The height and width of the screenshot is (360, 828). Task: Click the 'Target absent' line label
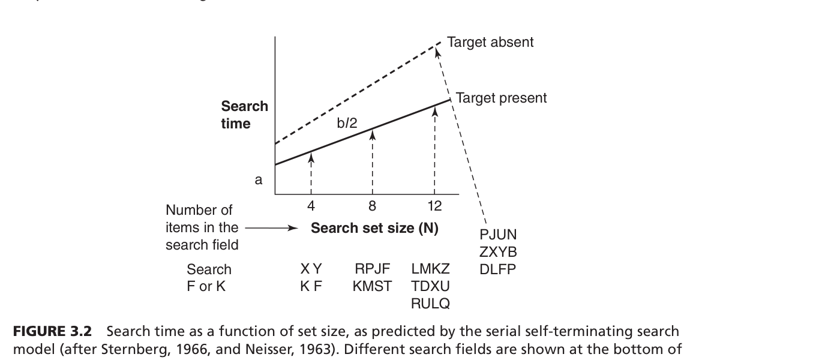(x=490, y=43)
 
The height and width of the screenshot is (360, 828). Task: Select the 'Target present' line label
(x=501, y=98)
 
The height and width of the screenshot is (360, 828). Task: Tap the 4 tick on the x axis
(x=311, y=206)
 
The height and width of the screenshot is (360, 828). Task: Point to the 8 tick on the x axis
(x=372, y=206)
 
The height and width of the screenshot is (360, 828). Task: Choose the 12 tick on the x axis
(x=434, y=206)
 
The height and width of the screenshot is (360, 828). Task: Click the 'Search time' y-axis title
(x=244, y=115)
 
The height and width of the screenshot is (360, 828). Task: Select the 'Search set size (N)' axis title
(x=374, y=229)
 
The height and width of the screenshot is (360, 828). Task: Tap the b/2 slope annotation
(x=347, y=124)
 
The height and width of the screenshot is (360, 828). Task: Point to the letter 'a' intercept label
(x=259, y=179)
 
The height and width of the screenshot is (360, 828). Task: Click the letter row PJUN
(x=498, y=235)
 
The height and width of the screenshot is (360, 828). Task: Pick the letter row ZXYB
(x=498, y=252)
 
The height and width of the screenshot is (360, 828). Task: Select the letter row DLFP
(x=498, y=269)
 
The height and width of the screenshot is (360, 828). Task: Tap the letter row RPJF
(x=373, y=269)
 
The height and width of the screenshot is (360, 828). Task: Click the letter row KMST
(x=373, y=287)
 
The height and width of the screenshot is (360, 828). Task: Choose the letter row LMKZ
(x=430, y=269)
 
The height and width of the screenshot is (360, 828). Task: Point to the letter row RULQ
(x=430, y=304)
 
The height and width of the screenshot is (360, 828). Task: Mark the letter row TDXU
(x=430, y=287)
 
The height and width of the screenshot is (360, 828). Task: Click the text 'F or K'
(x=206, y=287)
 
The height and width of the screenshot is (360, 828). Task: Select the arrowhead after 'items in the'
(x=293, y=228)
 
